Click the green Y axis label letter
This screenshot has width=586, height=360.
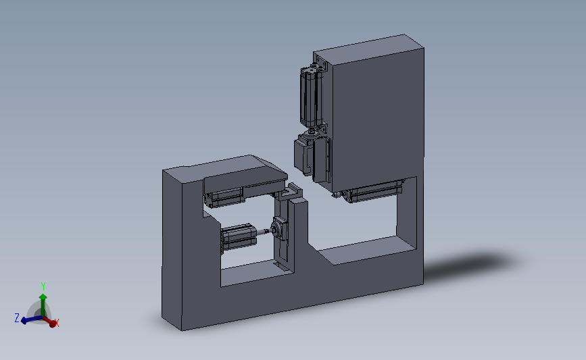[43, 286]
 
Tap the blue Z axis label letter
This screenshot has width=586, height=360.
[17, 318]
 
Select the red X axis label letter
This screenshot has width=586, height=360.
[57, 323]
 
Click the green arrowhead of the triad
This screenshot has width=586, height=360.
[43, 297]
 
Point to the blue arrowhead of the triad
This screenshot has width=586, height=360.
[24, 320]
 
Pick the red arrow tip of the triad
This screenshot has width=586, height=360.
[52, 324]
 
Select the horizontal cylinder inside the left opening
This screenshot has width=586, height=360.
[238, 238]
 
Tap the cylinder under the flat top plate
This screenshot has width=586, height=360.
[224, 197]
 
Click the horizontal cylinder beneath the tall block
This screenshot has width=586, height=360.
[374, 191]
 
